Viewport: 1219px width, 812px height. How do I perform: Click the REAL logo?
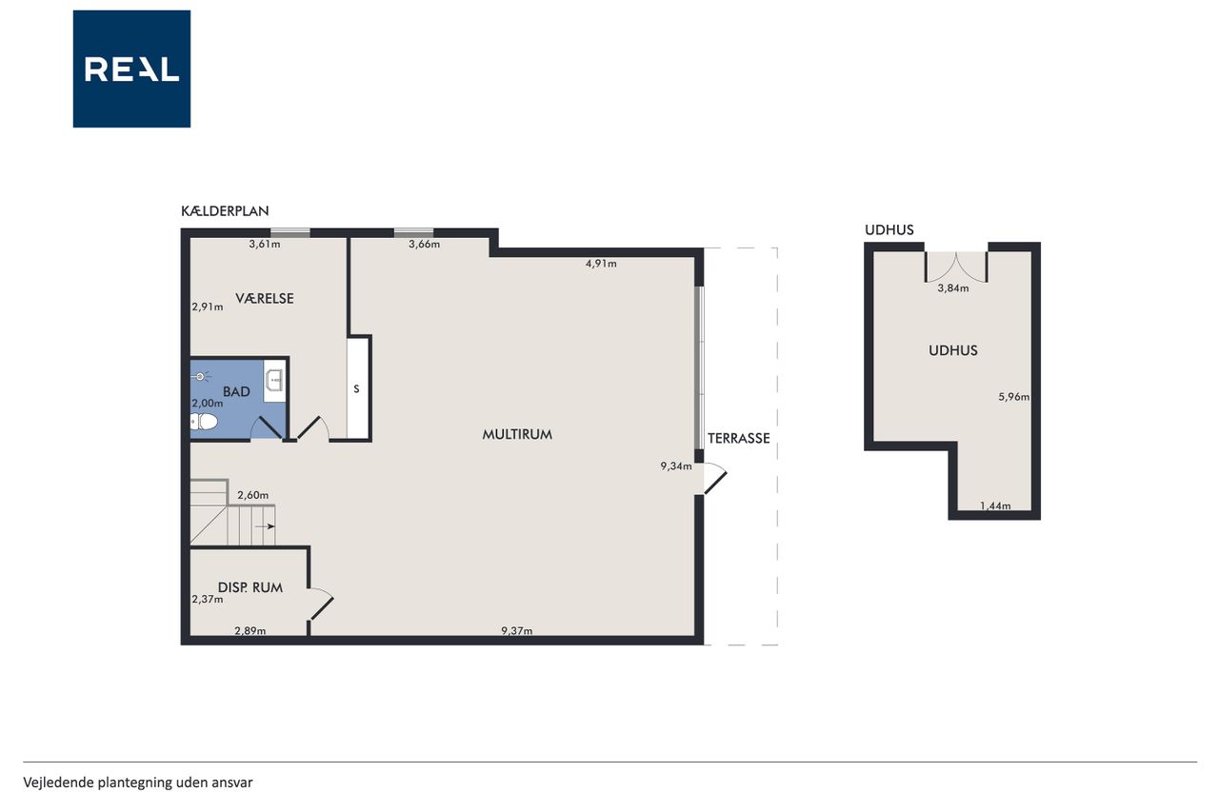pos(131,69)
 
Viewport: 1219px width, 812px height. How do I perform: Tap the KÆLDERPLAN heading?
pos(225,211)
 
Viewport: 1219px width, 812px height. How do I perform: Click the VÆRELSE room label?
pos(265,298)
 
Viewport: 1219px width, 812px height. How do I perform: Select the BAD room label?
pos(236,391)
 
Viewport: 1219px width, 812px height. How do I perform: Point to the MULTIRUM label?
pos(517,434)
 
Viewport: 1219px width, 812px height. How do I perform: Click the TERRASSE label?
pos(738,438)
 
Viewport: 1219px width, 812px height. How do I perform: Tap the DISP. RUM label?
pos(250,587)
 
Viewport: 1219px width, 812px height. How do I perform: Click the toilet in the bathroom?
pos(204,422)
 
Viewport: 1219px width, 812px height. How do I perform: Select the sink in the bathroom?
pos(274,380)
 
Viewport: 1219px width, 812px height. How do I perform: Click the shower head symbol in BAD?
pos(200,376)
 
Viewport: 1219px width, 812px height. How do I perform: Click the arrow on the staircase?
pos(265,526)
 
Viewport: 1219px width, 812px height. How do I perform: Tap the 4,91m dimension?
pos(601,264)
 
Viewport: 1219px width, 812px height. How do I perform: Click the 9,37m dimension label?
pos(517,631)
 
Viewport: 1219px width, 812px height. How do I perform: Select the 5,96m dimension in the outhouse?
pos(1014,397)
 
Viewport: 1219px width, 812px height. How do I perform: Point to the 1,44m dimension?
pos(995,505)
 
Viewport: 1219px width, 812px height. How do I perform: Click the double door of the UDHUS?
pos(956,267)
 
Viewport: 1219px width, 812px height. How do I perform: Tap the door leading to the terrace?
pos(714,479)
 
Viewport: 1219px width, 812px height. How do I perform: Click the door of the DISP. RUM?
pos(321,604)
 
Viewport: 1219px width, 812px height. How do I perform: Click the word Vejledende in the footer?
pos(58,782)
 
